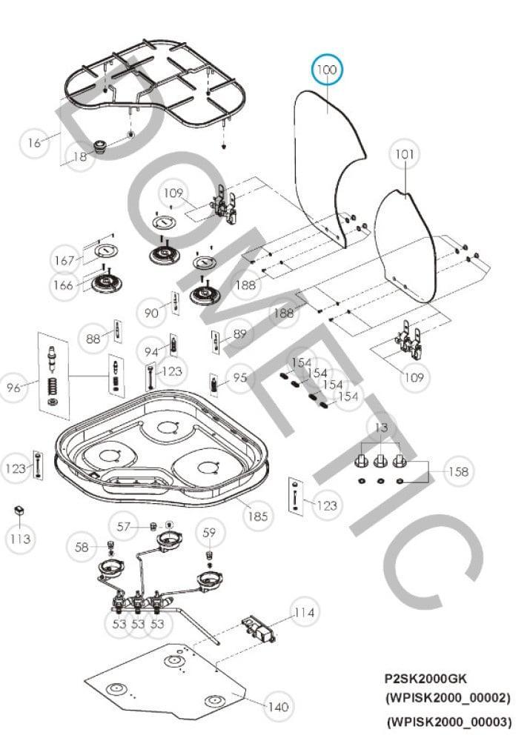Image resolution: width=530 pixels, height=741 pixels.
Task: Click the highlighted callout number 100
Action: [327, 70]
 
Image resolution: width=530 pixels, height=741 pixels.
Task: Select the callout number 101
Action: [404, 155]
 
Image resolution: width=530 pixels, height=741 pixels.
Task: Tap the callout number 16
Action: [34, 143]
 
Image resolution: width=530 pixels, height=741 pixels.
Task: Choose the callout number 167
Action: [64, 261]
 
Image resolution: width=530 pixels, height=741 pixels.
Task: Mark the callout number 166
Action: [64, 285]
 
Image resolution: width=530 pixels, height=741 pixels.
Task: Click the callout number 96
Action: [13, 387]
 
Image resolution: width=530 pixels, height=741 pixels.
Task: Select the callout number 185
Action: [257, 516]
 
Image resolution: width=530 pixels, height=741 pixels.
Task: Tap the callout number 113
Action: [20, 539]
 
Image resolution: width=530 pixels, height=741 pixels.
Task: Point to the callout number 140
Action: [277, 707]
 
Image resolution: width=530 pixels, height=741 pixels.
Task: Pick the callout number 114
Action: [304, 613]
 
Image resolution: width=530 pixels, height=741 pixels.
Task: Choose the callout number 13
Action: [381, 428]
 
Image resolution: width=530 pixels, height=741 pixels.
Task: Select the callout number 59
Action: [210, 532]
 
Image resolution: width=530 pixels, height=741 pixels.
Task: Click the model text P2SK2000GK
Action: [425, 678]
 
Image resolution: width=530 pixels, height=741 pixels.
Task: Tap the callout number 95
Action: [239, 378]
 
